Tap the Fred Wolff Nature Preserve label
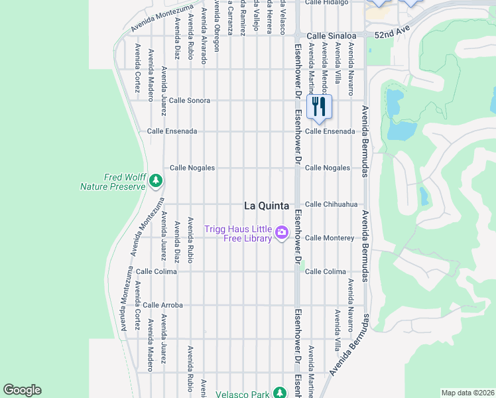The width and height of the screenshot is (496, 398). (113, 182)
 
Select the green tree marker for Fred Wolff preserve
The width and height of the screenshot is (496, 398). (156, 180)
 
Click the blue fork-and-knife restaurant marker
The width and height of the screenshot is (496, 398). (320, 106)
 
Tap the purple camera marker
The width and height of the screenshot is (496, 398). (282, 232)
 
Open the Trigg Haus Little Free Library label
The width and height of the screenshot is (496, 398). (238, 234)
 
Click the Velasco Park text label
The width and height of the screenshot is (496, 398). (243, 394)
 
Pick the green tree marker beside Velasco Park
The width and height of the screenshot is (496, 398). (280, 393)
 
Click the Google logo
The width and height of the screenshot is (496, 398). (22, 390)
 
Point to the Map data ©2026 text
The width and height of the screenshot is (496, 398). (467, 393)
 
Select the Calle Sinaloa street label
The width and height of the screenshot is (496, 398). (331, 35)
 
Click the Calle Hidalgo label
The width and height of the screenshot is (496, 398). (327, 3)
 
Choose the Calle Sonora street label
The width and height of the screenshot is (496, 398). (190, 100)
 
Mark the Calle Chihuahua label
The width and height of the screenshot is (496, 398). (331, 204)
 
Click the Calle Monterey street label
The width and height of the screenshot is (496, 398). (330, 237)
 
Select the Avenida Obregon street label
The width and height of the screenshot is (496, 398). (216, 27)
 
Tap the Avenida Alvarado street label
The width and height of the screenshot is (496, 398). (204, 33)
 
